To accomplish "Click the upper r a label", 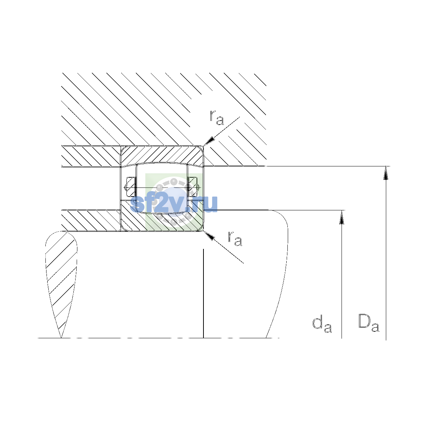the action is (217, 118).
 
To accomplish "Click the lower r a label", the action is (235, 238).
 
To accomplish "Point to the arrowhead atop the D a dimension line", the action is (386, 173).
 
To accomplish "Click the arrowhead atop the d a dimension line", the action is (342, 217).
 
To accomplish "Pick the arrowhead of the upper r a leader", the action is (209, 141).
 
